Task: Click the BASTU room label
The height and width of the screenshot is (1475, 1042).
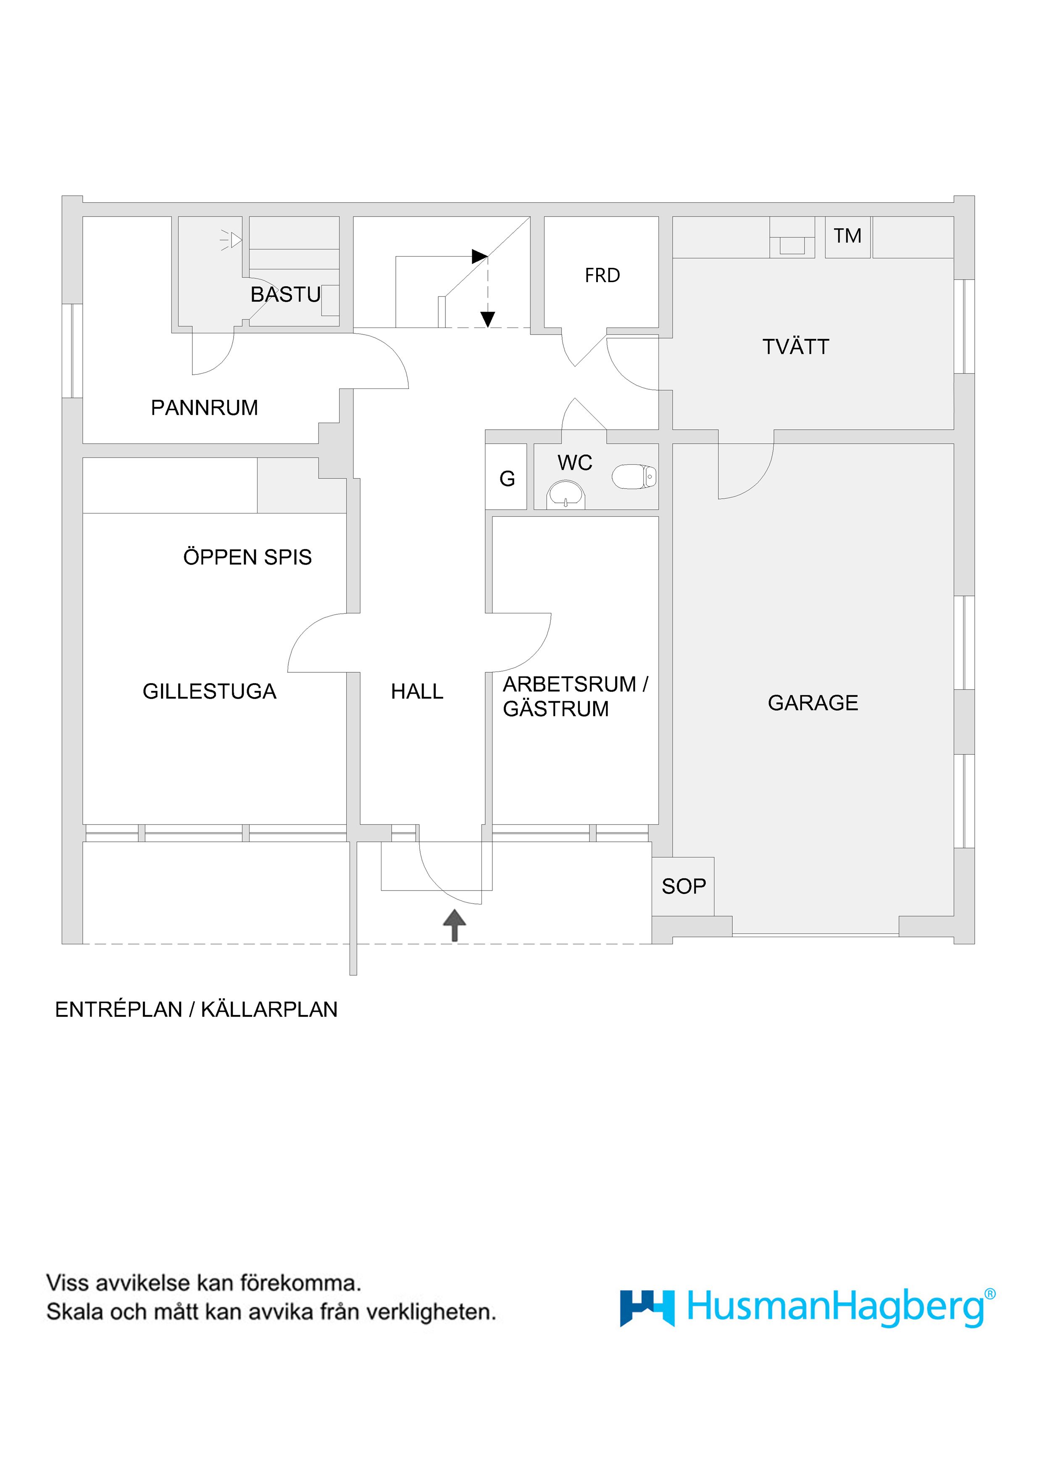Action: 285,294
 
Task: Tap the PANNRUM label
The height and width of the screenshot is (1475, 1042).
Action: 204,407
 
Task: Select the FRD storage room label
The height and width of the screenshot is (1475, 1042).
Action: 602,275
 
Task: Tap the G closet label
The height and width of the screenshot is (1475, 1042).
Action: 507,478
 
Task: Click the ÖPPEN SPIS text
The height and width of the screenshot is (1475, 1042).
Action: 247,557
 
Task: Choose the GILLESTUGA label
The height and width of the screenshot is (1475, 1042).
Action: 209,691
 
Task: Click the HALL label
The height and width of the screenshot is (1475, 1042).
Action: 417,691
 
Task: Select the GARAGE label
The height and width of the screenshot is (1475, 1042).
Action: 812,703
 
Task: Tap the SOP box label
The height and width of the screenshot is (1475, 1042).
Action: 683,886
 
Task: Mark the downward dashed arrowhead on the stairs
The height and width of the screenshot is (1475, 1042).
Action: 488,319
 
